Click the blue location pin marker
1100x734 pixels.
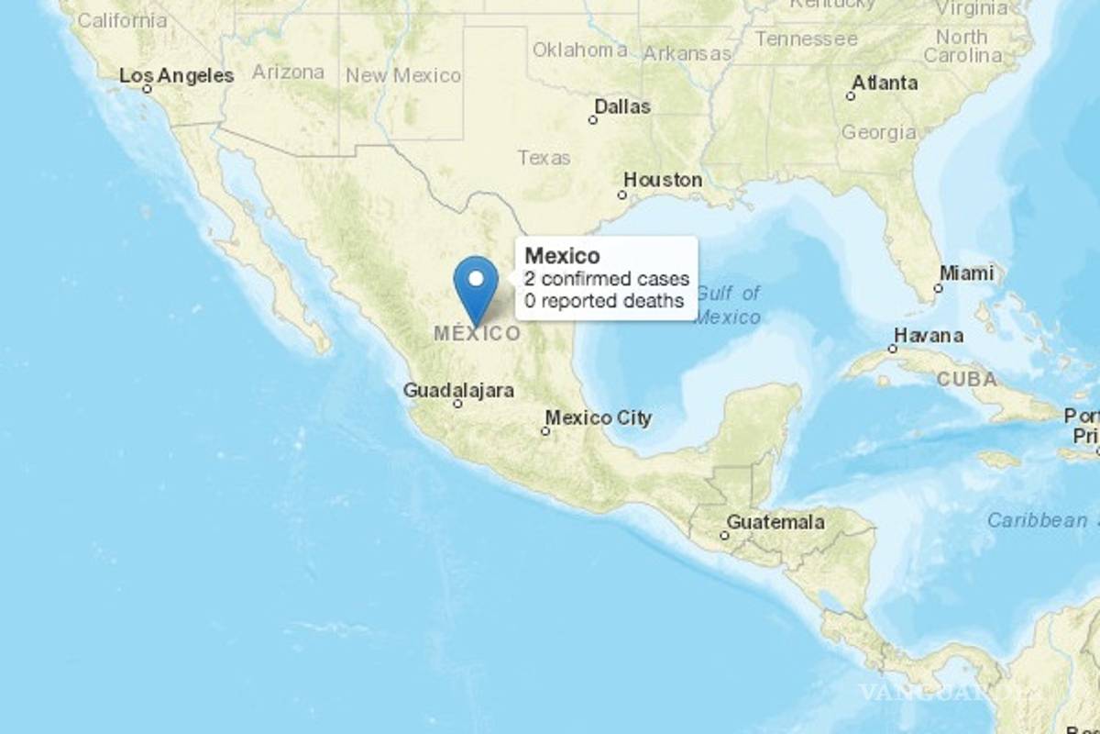[476, 285]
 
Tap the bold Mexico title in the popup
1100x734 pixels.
[563, 256]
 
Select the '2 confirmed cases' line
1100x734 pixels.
[607, 279]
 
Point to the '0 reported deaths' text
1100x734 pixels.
[604, 300]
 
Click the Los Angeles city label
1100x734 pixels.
[177, 75]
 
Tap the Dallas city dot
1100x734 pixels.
[593, 119]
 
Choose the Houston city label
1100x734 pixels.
[663, 180]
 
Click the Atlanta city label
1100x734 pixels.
[885, 83]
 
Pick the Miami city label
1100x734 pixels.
[966, 273]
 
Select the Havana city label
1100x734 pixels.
[929, 336]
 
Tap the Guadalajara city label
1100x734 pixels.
[458, 390]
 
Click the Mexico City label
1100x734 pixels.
[599, 418]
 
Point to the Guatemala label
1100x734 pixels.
[775, 522]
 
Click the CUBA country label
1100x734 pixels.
[966, 379]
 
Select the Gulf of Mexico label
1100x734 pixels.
[728, 305]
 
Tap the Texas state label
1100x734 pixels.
[544, 158]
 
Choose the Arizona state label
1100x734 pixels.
[288, 72]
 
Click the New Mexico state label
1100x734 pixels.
[403, 75]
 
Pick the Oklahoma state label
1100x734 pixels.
[580, 50]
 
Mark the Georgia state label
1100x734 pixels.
[878, 132]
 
